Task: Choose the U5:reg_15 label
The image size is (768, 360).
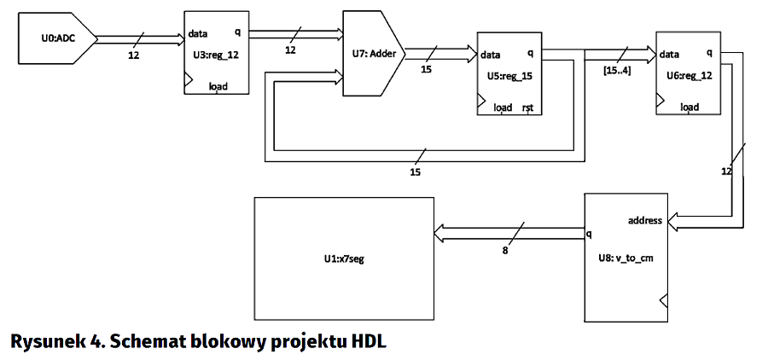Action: (509, 75)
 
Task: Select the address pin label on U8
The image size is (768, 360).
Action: (645, 220)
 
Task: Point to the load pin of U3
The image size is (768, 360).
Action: (217, 87)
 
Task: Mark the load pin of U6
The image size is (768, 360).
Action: (689, 107)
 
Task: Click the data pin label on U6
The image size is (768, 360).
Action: (670, 54)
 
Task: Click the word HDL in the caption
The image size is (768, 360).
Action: (368, 341)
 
